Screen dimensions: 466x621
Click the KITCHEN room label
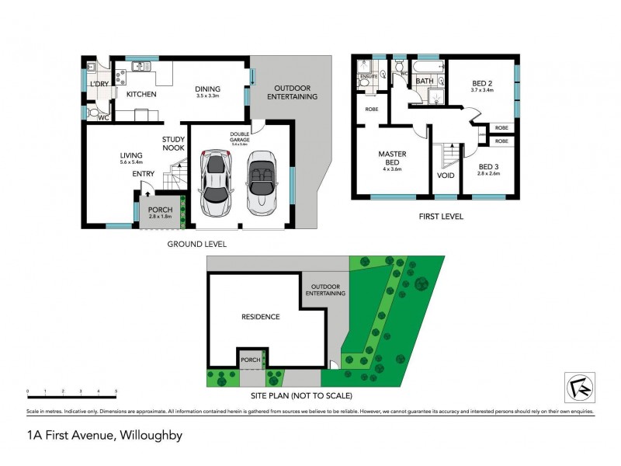coord(137,94)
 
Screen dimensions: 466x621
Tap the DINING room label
coord(210,89)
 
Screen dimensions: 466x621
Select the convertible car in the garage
coord(262,183)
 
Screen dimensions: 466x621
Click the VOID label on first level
coord(446,176)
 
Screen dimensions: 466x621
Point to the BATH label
coord(425,81)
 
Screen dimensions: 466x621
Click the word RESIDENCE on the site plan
coord(260,317)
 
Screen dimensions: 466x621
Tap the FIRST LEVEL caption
coord(440,217)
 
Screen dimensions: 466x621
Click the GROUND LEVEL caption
coord(197,243)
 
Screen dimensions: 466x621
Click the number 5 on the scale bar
coord(116,391)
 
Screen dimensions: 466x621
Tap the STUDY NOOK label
coord(172,144)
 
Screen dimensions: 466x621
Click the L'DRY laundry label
coord(99,84)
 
